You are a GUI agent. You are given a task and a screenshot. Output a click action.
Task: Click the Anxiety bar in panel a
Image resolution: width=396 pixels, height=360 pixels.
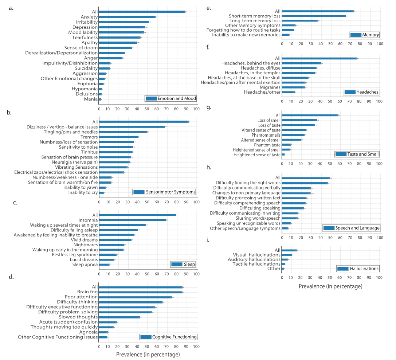(127, 17)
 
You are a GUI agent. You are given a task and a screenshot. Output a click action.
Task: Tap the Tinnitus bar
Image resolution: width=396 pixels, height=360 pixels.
(115, 152)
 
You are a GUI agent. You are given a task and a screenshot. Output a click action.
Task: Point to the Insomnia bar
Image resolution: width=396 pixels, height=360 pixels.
(133, 220)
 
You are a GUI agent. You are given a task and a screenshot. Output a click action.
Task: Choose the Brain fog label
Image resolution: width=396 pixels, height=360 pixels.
(87, 292)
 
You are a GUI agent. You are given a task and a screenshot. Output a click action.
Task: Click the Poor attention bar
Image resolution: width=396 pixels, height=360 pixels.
(135, 297)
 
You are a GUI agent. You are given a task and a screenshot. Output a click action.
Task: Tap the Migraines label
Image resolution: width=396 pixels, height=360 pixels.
(270, 87)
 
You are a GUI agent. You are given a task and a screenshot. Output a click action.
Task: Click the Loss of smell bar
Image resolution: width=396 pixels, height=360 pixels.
(299, 120)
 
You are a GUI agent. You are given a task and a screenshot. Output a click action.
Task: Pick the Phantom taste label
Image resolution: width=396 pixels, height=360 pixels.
(267, 145)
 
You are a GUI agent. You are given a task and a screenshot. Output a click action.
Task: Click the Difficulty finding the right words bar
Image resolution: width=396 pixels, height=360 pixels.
(305, 183)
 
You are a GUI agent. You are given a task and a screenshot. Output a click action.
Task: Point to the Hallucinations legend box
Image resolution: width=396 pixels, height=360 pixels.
(358, 269)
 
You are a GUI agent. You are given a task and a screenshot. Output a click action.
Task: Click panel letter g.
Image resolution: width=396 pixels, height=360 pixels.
(209, 107)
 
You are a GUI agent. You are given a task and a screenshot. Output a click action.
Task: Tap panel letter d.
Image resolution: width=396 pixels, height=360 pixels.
(11, 277)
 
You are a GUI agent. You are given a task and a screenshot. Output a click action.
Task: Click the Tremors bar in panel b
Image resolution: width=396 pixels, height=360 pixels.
(119, 137)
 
